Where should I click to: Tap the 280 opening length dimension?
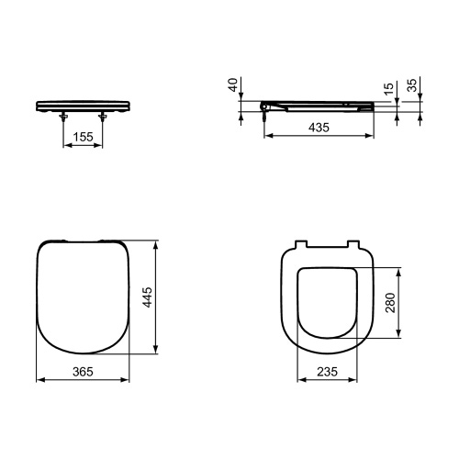391,302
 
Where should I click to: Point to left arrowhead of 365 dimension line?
39,378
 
